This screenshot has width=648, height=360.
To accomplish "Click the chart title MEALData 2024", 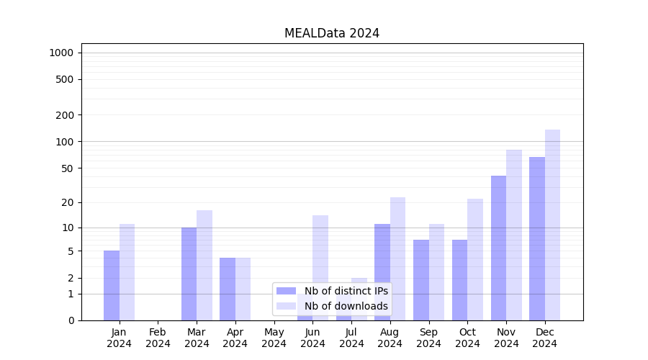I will pos(331,33).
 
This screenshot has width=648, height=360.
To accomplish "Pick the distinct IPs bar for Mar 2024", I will pos(189,274).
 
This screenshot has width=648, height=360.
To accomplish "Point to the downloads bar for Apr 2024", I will pos(243,289).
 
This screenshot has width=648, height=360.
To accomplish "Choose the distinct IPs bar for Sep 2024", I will pos(421,280).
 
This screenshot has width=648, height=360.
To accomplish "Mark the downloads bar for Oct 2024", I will pos(475,259).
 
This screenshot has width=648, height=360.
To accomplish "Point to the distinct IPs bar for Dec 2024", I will pos(537,238).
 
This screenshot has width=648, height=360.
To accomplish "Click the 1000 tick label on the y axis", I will pos(61,53).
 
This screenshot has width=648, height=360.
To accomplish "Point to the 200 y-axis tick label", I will pos(65,115).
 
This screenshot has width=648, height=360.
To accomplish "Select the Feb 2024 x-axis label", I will pos(158,338).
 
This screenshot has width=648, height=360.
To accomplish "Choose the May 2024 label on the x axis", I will pos(274,338).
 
